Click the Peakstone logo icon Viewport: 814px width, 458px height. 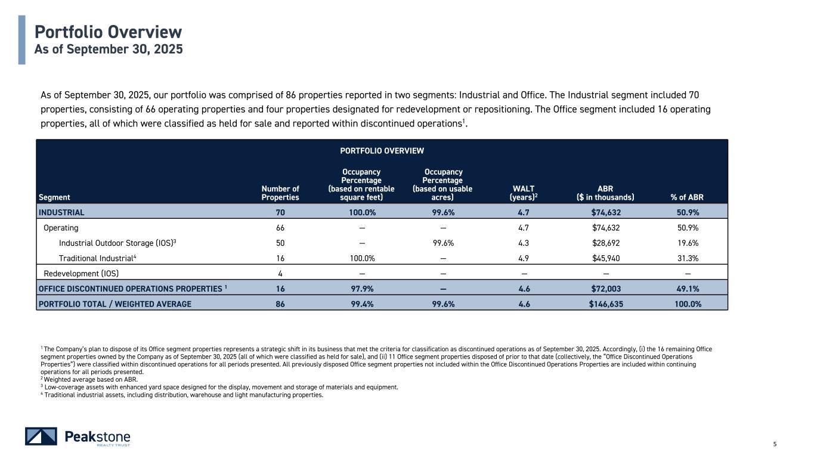point(41,436)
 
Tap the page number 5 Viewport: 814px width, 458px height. point(775,444)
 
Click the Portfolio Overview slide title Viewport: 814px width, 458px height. point(108,32)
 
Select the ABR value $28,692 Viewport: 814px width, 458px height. point(606,243)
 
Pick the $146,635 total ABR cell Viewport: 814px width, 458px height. point(606,304)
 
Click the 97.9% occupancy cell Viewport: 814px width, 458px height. point(361,289)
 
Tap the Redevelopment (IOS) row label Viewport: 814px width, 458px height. point(81,274)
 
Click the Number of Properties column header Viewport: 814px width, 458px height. point(280,193)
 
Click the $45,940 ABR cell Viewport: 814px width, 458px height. point(606,258)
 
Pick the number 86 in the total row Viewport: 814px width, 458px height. point(280,304)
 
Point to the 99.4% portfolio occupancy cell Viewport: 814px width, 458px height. point(361,304)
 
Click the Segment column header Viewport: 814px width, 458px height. point(54,197)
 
